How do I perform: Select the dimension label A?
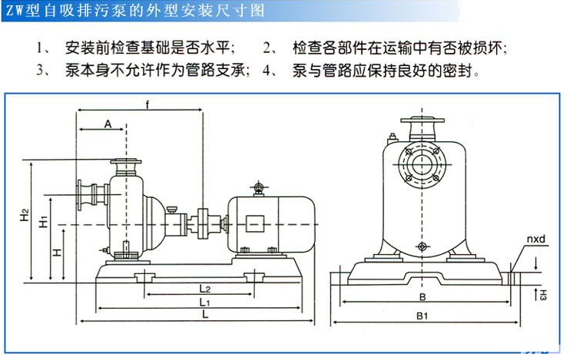click(x=108, y=123)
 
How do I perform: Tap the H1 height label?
click(x=44, y=223)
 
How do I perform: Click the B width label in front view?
click(x=422, y=296)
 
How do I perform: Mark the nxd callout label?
click(x=536, y=241)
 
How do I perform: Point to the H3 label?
click(x=542, y=294)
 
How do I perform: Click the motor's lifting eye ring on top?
click(x=258, y=187)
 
